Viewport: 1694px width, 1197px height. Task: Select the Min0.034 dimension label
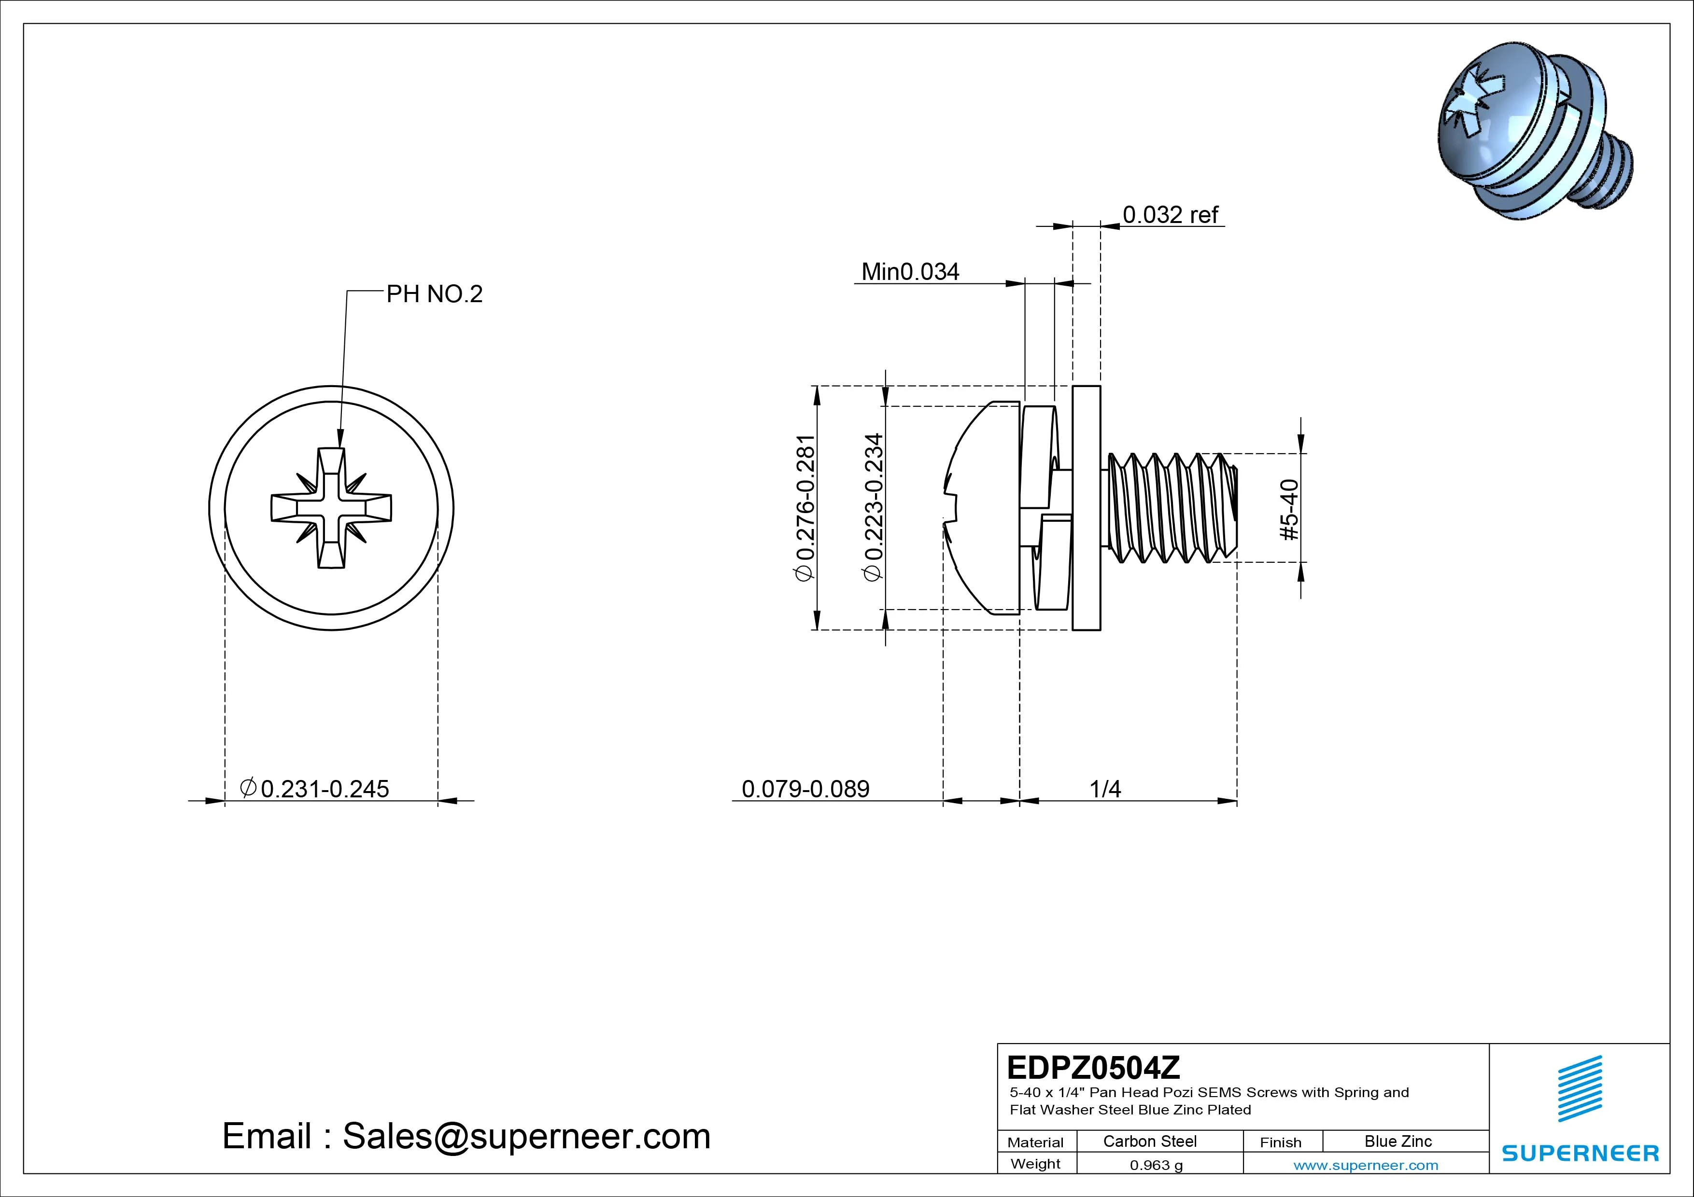tap(910, 272)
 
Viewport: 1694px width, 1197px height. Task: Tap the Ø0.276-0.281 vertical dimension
tap(805, 508)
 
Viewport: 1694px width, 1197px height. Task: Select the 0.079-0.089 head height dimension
tap(805, 789)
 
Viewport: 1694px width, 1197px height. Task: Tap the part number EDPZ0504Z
tap(1093, 1067)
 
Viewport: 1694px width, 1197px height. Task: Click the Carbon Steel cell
tap(1149, 1141)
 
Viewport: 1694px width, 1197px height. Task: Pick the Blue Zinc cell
tap(1398, 1141)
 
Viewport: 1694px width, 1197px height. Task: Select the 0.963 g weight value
tap(1156, 1165)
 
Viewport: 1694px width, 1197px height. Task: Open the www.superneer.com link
tap(1366, 1165)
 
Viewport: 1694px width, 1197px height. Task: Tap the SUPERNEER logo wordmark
tap(1580, 1153)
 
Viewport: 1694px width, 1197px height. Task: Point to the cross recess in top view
tap(331, 508)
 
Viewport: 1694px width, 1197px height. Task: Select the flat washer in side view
tap(1086, 508)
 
